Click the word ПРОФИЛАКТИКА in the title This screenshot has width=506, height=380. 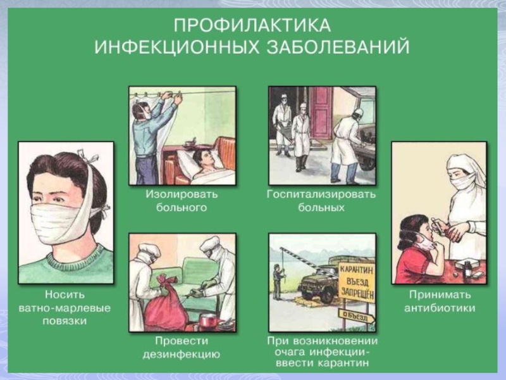click(x=252, y=25)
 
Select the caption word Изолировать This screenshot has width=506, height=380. click(x=182, y=194)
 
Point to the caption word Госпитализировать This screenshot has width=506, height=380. click(x=321, y=194)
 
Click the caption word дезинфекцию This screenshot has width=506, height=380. click(x=182, y=355)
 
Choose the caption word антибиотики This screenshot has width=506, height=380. click(x=440, y=308)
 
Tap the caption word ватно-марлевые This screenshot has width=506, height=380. click(x=65, y=308)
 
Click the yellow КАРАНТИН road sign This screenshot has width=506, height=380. click(x=357, y=282)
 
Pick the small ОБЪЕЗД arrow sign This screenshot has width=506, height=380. click(x=356, y=315)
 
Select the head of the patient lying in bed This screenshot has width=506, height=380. click(x=202, y=158)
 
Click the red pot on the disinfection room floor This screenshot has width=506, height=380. click(x=208, y=323)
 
